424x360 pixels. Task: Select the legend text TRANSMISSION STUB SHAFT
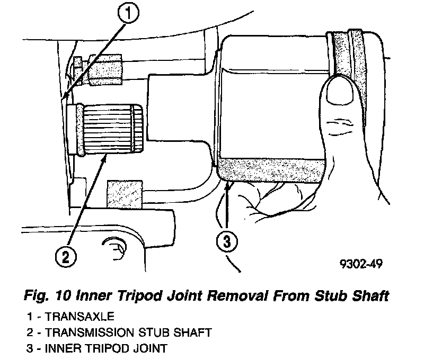coord(129,333)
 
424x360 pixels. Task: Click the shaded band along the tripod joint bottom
coord(270,170)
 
